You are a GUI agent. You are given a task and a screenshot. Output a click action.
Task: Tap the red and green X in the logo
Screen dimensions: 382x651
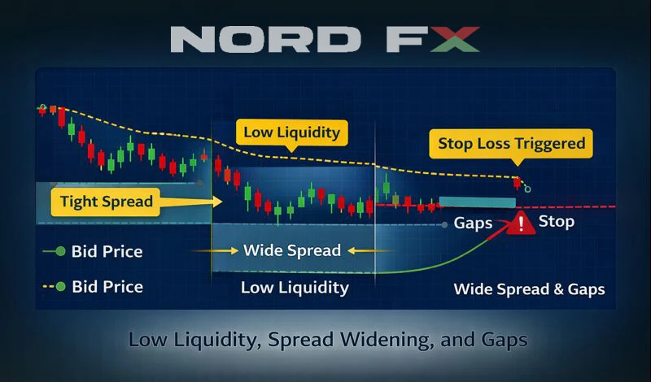pyautogui.click(x=452, y=39)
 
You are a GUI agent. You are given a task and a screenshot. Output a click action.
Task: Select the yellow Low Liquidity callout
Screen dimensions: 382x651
pyautogui.click(x=291, y=132)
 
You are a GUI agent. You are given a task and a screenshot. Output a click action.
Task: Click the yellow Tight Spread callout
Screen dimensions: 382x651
pyautogui.click(x=106, y=202)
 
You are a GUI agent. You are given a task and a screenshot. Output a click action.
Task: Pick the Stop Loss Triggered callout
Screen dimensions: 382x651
pyautogui.click(x=511, y=144)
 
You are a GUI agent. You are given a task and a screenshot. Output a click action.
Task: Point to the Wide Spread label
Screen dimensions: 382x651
pyautogui.click(x=291, y=250)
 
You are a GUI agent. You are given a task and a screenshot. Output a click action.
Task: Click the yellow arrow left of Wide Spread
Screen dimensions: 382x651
pyautogui.click(x=215, y=250)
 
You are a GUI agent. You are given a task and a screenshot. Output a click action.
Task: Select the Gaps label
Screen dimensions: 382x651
pyautogui.click(x=473, y=223)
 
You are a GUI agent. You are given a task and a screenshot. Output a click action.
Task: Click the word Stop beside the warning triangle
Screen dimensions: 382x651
pyautogui.click(x=557, y=221)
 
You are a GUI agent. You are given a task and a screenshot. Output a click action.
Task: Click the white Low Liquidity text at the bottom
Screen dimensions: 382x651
pyautogui.click(x=295, y=288)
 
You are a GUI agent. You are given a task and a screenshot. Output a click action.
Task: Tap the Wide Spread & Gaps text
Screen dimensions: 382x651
pyautogui.click(x=529, y=289)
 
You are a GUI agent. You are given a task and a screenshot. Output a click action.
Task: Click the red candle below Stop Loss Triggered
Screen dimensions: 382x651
pyautogui.click(x=516, y=183)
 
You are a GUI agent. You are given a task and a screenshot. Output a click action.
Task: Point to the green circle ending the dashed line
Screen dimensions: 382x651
pyautogui.click(x=527, y=189)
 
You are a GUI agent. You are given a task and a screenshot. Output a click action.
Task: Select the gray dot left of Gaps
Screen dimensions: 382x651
pyautogui.click(x=443, y=224)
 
